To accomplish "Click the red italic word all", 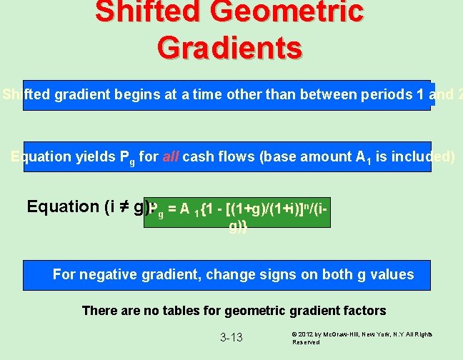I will pos(170,156).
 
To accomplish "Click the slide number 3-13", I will pos(231,337).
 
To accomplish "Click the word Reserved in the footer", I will pos(306,342).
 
